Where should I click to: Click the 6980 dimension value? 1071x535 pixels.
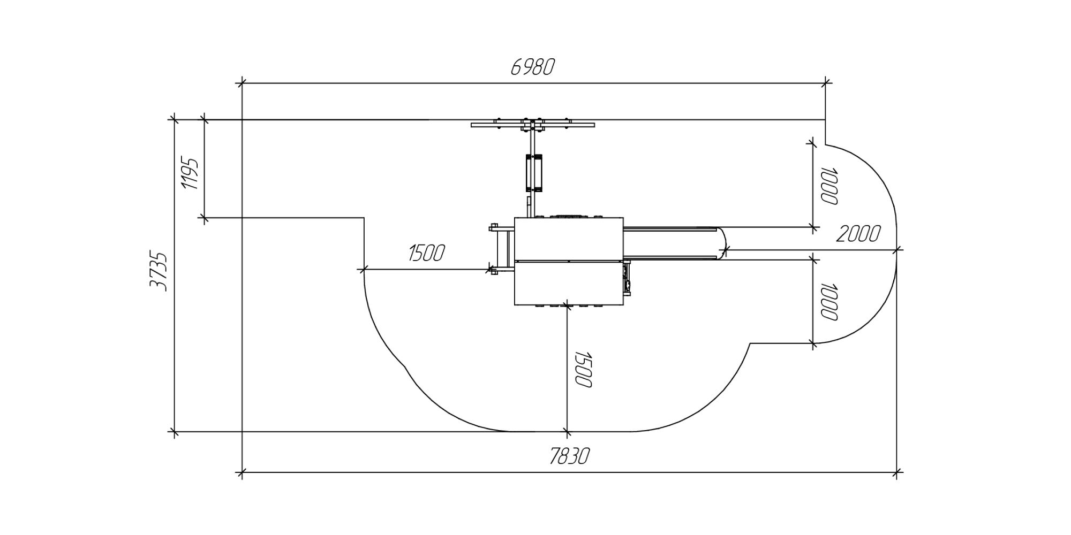point(532,67)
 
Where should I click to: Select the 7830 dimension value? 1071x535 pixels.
point(569,456)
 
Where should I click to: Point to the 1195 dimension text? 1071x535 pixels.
point(191,174)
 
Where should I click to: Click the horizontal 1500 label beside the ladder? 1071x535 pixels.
point(426,253)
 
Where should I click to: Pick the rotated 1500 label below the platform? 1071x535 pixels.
point(583,369)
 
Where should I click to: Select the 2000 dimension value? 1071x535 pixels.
point(858,234)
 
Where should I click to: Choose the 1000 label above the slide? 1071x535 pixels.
point(829,186)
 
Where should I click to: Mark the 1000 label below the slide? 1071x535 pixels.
point(829,302)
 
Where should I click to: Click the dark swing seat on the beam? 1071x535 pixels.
point(534,173)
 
